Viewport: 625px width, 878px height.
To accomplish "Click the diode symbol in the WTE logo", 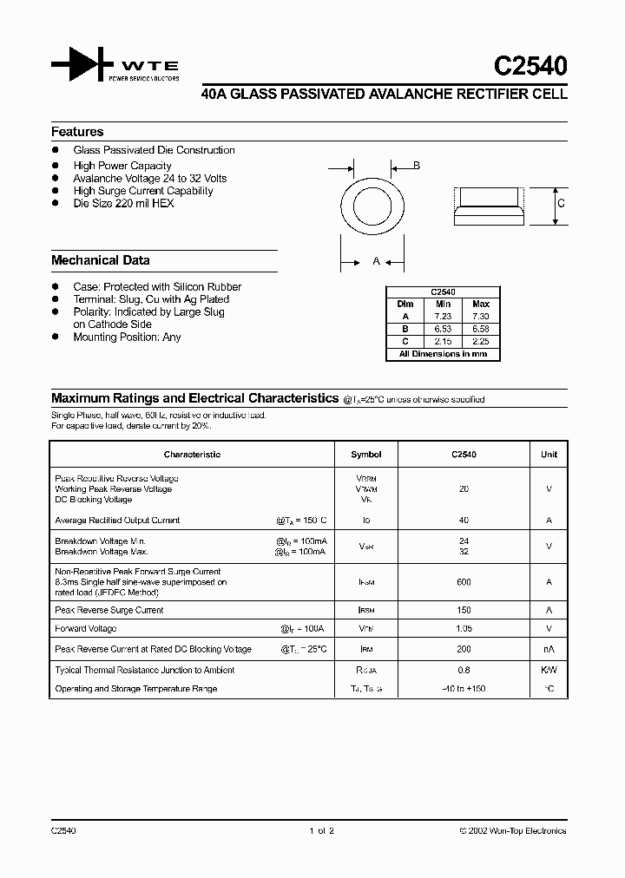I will point(82,66).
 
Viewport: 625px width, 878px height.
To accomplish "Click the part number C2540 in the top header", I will point(531,67).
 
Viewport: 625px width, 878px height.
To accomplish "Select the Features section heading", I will point(77,132).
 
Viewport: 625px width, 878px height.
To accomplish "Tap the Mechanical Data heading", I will point(100,260).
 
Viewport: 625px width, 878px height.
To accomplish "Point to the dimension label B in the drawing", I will point(417,166).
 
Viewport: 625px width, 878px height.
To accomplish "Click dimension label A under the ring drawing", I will point(376,261).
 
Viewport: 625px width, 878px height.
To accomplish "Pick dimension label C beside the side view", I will point(562,204).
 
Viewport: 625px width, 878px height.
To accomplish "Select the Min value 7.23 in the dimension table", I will point(443,317).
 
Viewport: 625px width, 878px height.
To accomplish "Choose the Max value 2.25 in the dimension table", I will point(481,342).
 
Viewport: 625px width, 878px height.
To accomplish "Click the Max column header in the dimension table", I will point(481,305).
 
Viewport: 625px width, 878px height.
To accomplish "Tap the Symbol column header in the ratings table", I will point(365,455).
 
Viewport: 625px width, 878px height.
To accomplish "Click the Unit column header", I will point(549,455).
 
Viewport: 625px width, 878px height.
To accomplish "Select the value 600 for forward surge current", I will point(464,582).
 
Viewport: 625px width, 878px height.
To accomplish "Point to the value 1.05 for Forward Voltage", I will point(464,629).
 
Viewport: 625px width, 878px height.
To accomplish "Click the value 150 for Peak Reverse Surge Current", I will point(464,610).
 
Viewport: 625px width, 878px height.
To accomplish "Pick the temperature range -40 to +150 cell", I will point(464,689).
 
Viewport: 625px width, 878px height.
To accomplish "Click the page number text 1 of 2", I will point(320,831).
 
